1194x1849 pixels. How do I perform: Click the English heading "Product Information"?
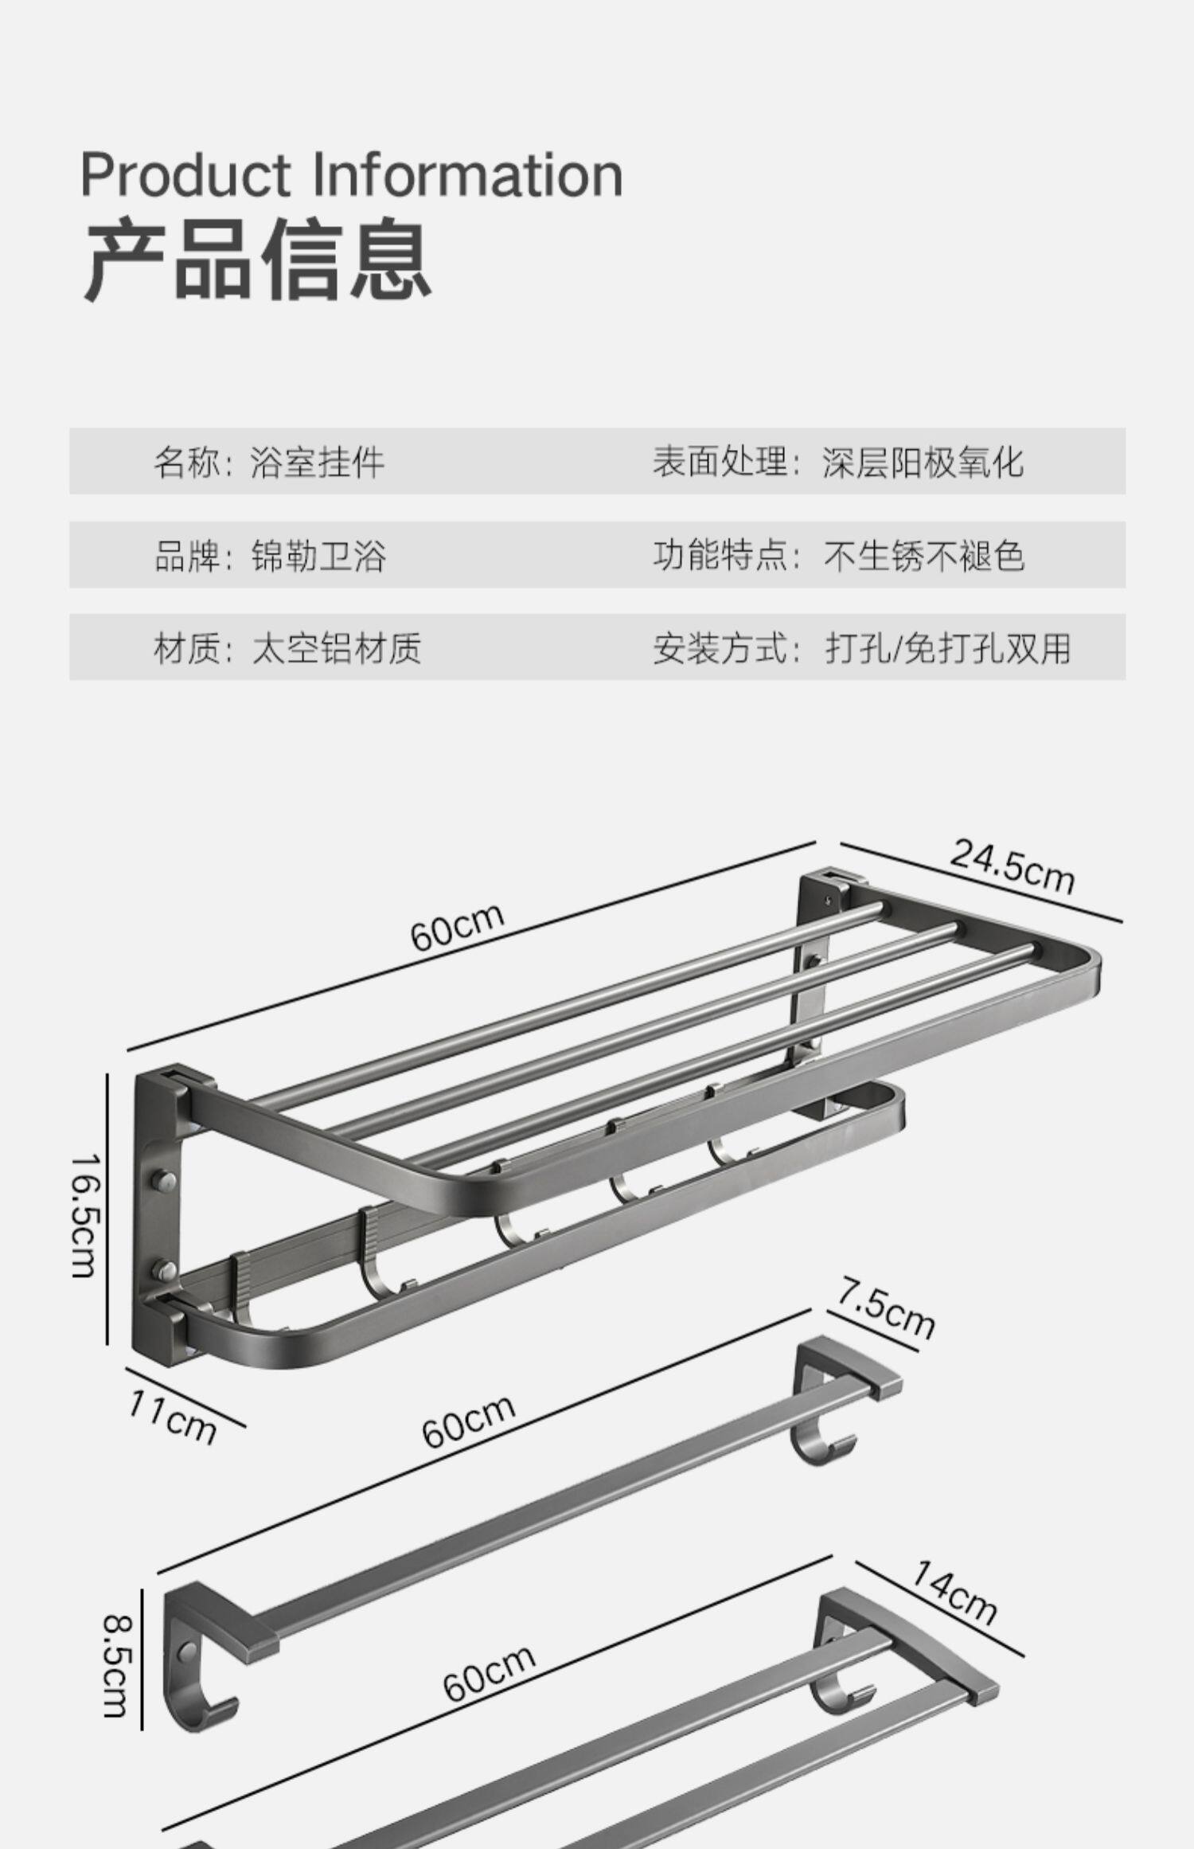[351, 174]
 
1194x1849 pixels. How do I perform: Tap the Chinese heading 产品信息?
[257, 260]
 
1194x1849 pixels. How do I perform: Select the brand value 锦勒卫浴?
[318, 555]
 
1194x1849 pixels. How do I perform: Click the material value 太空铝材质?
[336, 647]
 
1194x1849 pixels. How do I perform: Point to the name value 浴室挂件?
[317, 462]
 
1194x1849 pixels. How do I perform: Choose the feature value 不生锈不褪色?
[923, 555]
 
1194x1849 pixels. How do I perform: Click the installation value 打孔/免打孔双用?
[947, 647]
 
